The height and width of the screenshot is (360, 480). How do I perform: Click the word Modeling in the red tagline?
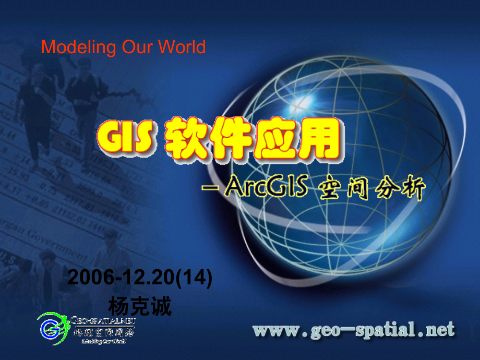[70, 47]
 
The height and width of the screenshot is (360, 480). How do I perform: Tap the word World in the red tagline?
[182, 47]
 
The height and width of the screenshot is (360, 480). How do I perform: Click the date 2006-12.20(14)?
[140, 279]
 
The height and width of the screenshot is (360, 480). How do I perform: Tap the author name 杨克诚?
[140, 306]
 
